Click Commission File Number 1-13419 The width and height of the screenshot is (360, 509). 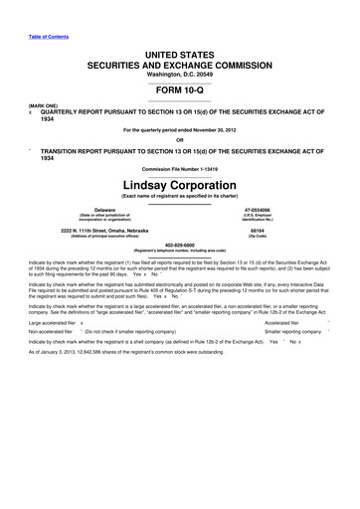(x=180, y=173)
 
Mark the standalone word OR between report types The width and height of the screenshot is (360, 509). (x=180, y=139)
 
